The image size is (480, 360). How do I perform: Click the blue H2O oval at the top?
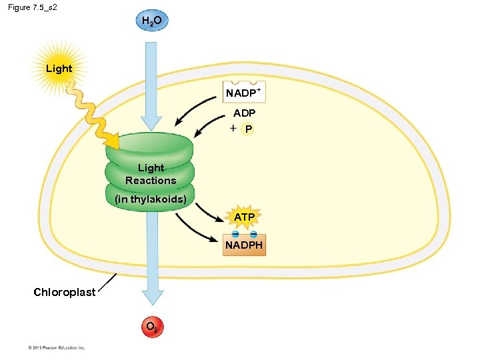(151, 21)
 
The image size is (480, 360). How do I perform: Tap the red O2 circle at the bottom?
(151, 327)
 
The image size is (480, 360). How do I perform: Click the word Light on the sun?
(59, 69)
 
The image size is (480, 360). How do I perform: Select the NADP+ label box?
(245, 93)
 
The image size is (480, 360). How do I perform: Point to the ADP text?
(244, 113)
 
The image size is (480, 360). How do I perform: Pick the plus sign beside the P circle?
(231, 128)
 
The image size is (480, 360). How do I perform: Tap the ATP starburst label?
(244, 217)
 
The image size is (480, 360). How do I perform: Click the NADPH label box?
(244, 245)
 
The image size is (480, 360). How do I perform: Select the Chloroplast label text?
(65, 292)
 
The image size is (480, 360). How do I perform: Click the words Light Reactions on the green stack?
(151, 174)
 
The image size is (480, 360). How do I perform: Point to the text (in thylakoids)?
(151, 199)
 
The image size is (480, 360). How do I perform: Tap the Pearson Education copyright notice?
(57, 347)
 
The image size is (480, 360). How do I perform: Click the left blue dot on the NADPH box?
(235, 235)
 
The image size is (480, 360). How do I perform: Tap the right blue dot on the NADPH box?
(254, 235)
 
